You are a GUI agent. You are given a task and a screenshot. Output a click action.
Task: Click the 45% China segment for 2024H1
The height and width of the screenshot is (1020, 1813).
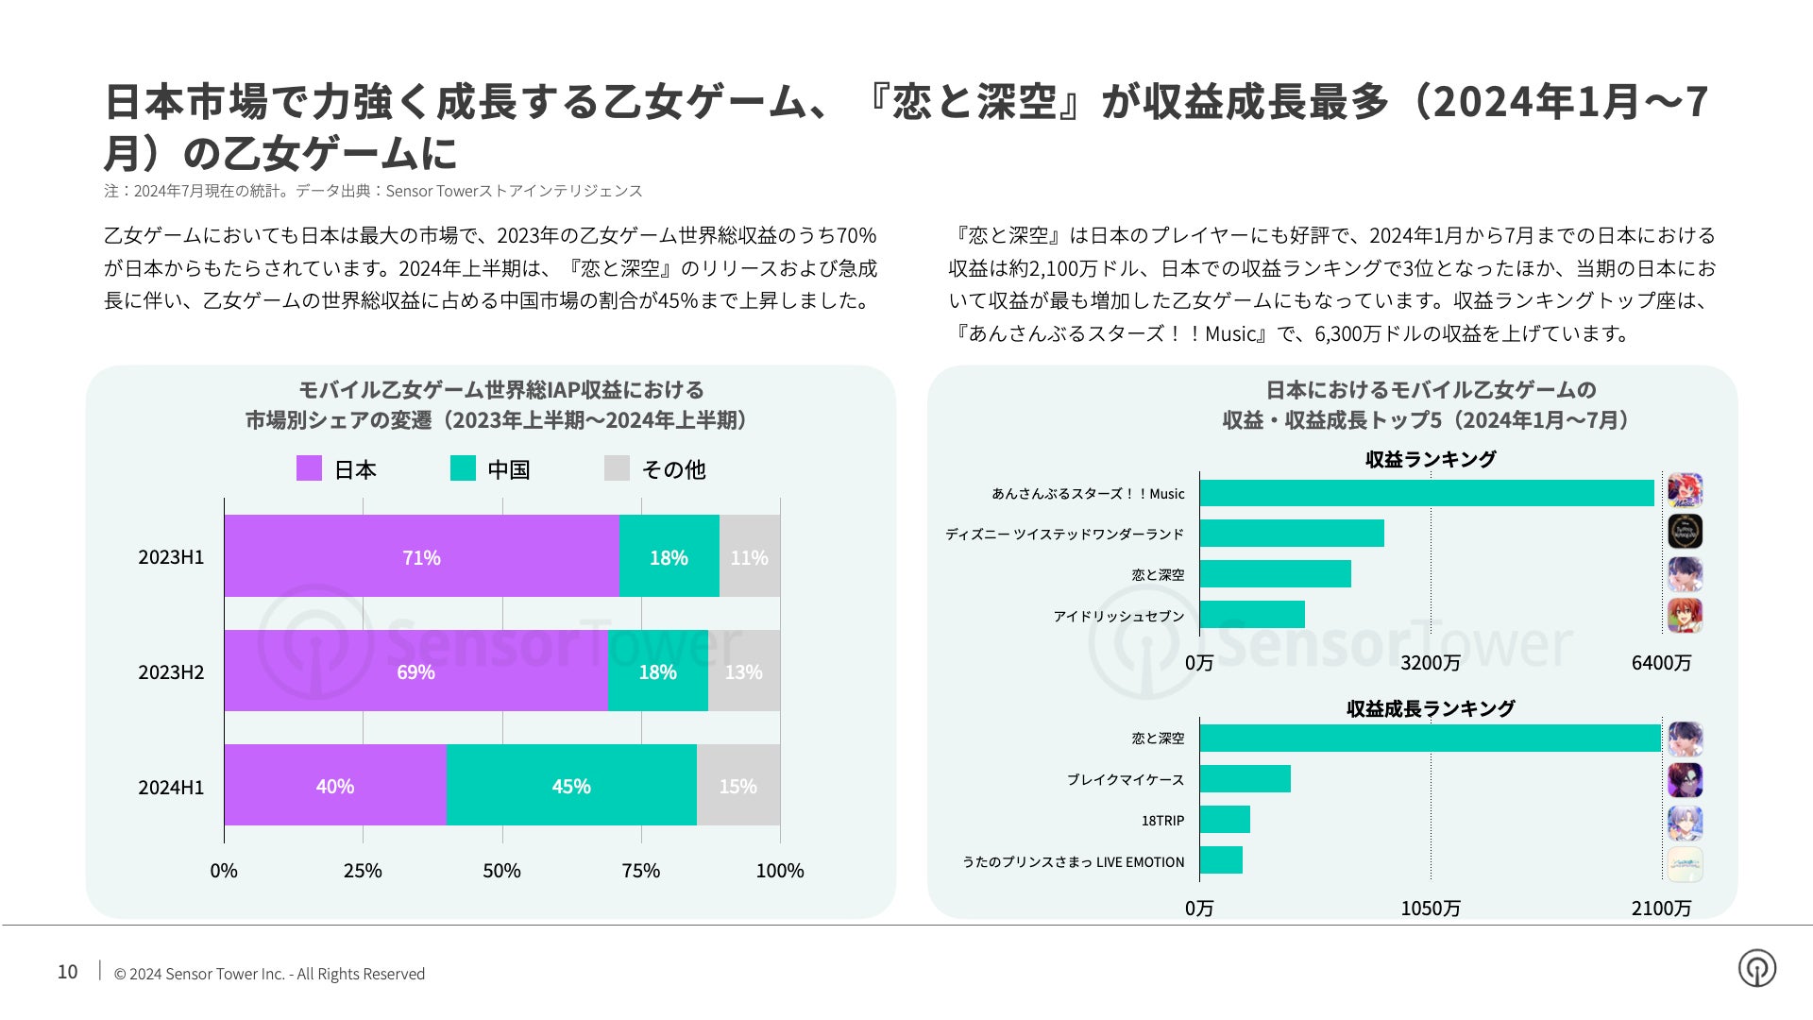click(571, 786)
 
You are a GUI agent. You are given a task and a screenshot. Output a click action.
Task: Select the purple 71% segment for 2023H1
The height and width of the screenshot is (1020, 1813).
click(421, 556)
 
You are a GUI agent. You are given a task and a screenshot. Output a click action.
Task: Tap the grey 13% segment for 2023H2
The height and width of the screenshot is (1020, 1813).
click(744, 671)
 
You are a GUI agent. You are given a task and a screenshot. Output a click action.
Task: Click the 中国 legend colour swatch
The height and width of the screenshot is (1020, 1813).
click(463, 468)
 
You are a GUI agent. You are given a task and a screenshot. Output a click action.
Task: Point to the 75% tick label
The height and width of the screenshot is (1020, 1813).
click(641, 871)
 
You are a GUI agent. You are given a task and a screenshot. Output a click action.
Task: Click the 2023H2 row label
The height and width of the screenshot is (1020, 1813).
click(171, 672)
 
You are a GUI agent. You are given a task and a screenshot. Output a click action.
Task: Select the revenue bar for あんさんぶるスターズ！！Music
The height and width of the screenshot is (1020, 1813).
click(1426, 493)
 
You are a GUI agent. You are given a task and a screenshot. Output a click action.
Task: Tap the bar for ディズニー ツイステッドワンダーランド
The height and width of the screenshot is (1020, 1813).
click(1292, 534)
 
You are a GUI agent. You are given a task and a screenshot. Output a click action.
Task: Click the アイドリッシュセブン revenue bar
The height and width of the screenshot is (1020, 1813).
click(1252, 615)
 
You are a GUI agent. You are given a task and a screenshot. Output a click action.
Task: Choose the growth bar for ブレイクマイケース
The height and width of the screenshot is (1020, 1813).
click(1245, 779)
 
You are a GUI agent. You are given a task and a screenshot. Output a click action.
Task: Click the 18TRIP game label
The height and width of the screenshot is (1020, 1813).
click(1162, 821)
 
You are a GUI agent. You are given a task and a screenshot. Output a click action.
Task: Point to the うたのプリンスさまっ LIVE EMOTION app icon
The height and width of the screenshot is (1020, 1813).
click(1685, 864)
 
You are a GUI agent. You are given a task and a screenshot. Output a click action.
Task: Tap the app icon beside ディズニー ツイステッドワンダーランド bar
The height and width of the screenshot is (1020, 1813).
click(1685, 532)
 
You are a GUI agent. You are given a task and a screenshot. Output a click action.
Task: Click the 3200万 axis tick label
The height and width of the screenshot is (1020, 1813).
click(1430, 663)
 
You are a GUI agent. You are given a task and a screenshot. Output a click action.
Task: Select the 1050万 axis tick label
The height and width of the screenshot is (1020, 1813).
click(1430, 909)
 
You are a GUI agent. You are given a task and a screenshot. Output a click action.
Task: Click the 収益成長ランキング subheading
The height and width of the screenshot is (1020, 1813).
click(1430, 708)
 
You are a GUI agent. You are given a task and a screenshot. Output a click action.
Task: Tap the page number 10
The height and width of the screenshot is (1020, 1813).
click(68, 972)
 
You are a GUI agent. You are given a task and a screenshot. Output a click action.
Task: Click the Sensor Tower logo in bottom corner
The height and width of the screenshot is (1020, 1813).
click(1756, 968)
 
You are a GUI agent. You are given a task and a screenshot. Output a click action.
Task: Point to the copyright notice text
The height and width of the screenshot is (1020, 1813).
click(269, 974)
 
